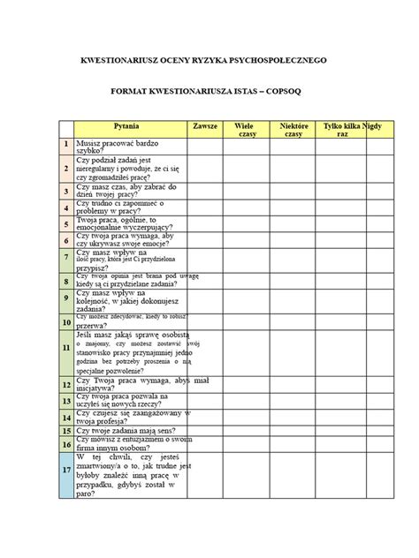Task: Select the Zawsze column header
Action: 204,127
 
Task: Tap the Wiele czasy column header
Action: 245,131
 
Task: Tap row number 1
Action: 66,146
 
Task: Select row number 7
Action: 66,260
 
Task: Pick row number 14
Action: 66,414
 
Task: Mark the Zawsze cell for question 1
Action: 204,146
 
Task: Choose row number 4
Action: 66,206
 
